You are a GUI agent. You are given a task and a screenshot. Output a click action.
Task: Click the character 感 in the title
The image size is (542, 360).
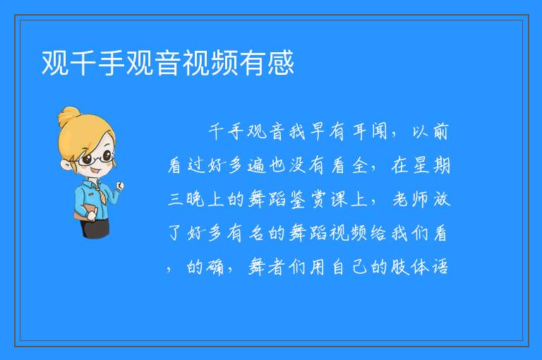coord(281,63)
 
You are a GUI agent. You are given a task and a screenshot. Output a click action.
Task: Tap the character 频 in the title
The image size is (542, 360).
coord(224,63)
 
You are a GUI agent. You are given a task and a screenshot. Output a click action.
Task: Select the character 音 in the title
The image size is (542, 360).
coord(168,63)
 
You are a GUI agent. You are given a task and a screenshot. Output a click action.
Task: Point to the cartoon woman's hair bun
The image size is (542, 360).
coord(69,116)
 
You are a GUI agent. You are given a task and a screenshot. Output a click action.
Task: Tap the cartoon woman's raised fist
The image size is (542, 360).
coord(119,186)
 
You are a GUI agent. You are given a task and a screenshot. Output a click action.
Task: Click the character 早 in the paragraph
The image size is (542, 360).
coord(316,131)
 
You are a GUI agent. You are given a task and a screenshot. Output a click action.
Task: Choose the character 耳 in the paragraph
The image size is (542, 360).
coord(359,131)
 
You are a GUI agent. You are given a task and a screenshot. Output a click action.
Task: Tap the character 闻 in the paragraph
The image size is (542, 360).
coord(379,131)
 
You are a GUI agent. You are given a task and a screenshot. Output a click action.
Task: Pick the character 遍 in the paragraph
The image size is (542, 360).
coord(256,165)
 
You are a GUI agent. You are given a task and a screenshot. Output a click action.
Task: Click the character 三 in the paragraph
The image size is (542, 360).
coord(175,199)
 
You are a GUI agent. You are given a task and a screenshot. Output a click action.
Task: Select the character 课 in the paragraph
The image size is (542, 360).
coord(338,199)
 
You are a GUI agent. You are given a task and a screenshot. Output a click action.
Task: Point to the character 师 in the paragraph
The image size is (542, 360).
coord(420,199)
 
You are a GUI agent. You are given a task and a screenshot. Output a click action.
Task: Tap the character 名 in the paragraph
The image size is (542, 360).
coord(256,233)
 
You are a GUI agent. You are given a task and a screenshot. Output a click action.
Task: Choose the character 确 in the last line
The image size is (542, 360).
coord(215,267)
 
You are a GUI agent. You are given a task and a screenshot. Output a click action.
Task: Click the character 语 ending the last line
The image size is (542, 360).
coord(440,267)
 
